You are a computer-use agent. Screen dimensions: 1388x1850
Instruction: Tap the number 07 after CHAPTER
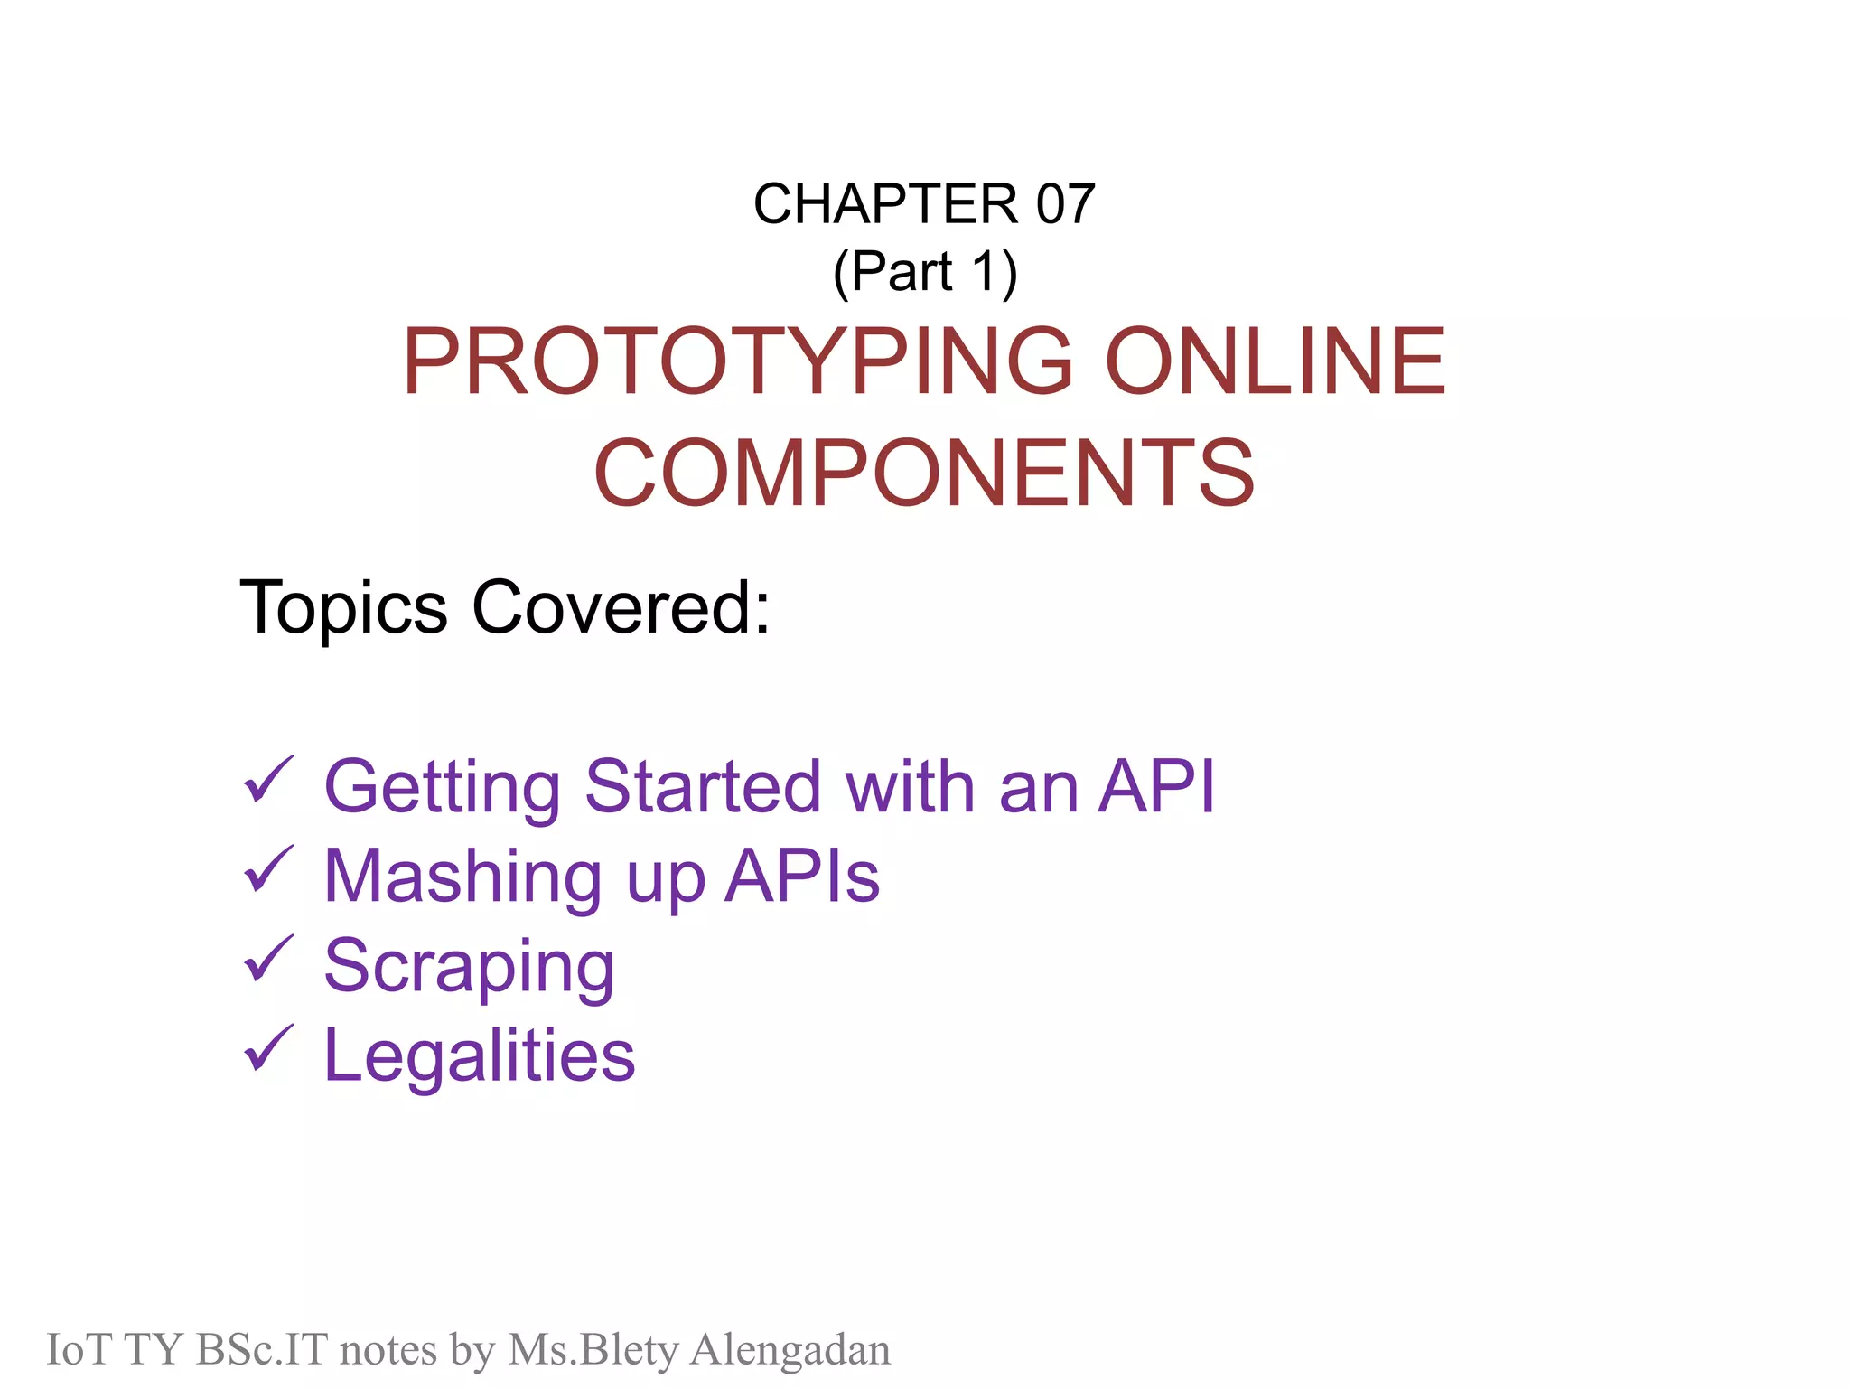pyautogui.click(x=1065, y=204)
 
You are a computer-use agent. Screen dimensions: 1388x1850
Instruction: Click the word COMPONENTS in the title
pyautogui.click(x=924, y=473)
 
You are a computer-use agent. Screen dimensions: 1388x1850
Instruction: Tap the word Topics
pyautogui.click(x=343, y=607)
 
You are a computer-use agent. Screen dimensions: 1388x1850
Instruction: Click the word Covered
pyautogui.click(x=621, y=607)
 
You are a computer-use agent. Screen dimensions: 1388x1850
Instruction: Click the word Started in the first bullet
pyautogui.click(x=703, y=786)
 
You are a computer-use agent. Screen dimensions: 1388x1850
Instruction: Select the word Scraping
pyautogui.click(x=469, y=968)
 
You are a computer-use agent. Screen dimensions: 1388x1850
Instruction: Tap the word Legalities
pyautogui.click(x=480, y=1056)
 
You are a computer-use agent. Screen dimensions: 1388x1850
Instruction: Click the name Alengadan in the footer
pyautogui.click(x=790, y=1350)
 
